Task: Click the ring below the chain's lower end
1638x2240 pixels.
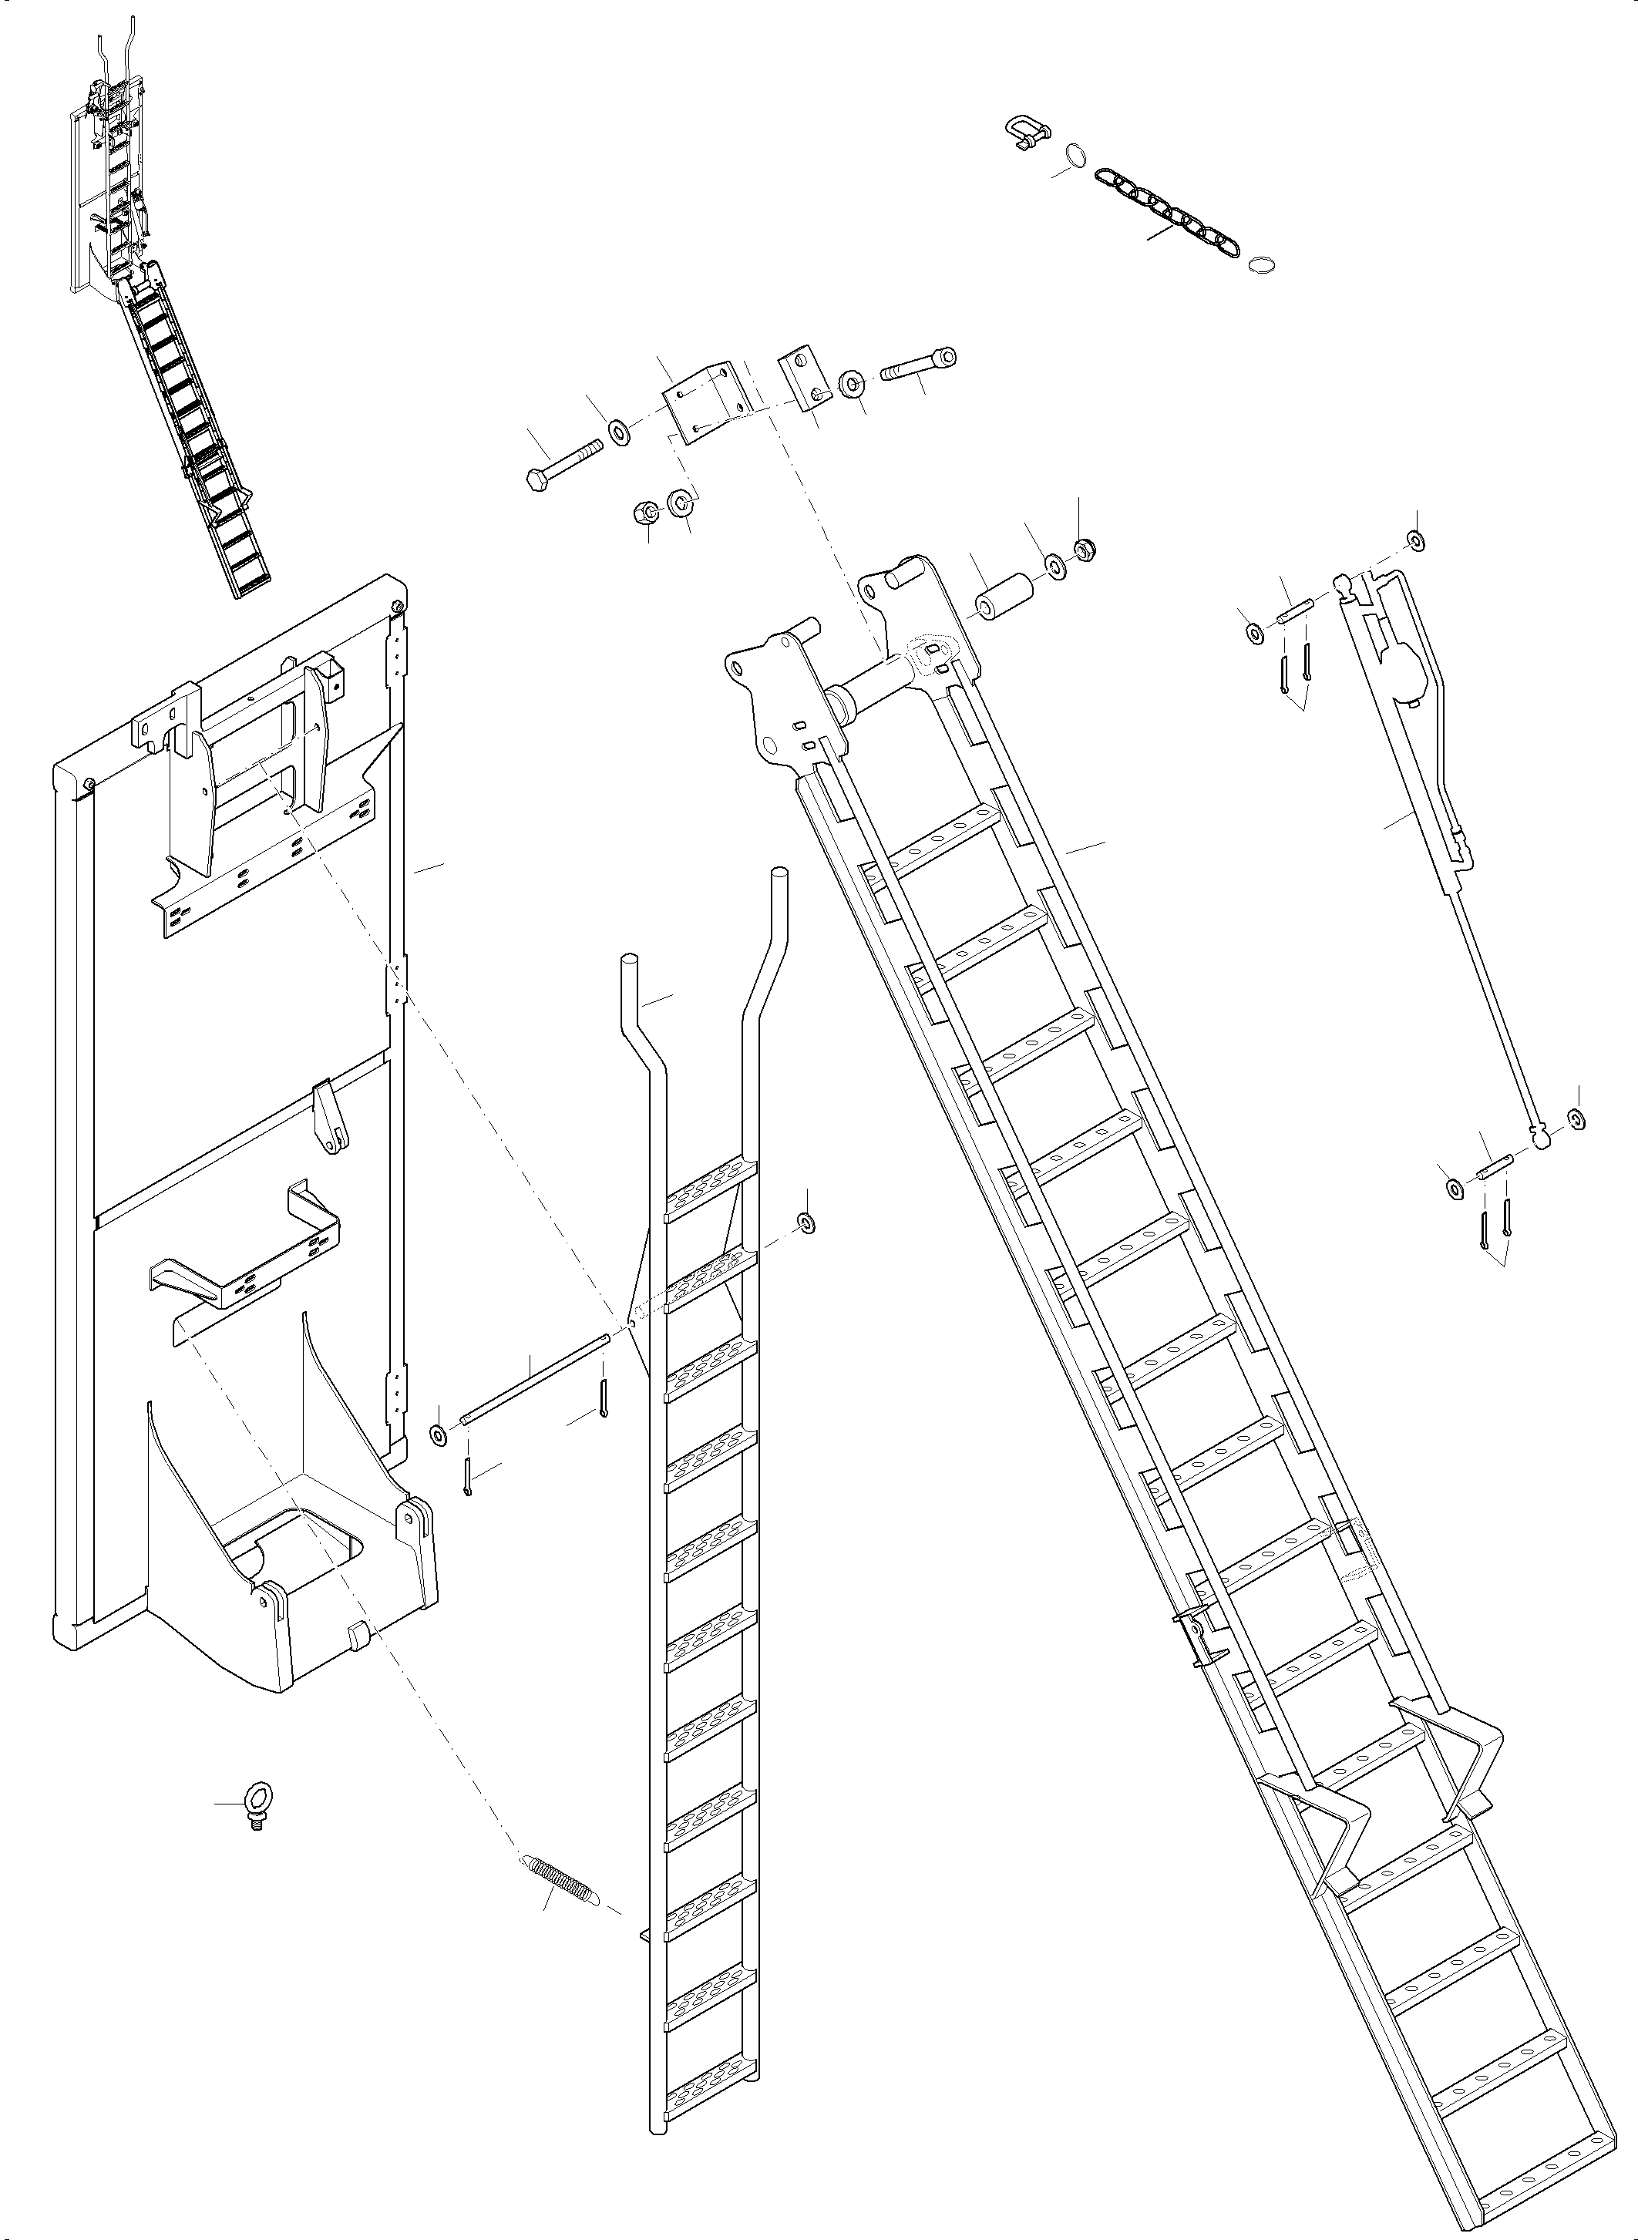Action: [x=1261, y=263]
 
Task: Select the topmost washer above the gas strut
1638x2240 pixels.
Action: [x=1416, y=540]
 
